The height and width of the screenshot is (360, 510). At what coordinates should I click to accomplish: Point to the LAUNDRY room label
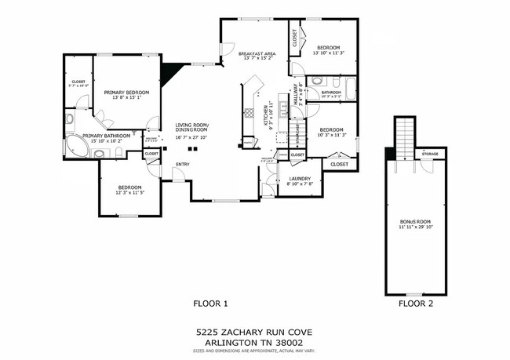click(x=300, y=178)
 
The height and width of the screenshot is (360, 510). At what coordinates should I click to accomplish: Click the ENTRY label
click(x=182, y=164)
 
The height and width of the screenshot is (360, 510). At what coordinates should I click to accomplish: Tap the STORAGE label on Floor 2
click(x=429, y=154)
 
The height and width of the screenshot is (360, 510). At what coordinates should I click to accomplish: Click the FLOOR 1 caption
click(x=210, y=303)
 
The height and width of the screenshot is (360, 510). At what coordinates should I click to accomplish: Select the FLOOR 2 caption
click(x=415, y=303)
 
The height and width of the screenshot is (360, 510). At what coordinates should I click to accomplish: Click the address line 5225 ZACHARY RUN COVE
click(x=255, y=332)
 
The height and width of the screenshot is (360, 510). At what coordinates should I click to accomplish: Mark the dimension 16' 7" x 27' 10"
click(x=192, y=137)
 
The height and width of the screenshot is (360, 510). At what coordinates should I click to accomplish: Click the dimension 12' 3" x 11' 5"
click(x=129, y=193)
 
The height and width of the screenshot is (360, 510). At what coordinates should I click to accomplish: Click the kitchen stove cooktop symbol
click(x=249, y=112)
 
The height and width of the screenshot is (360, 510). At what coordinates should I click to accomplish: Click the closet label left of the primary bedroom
click(x=78, y=81)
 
